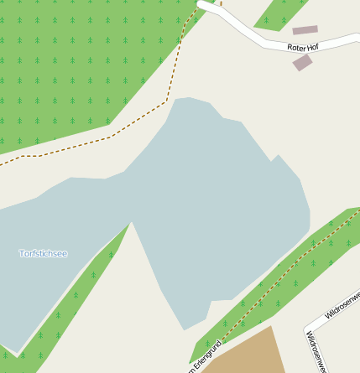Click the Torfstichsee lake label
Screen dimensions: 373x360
click(43, 253)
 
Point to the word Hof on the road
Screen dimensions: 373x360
click(312, 47)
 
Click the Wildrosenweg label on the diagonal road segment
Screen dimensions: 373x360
click(342, 305)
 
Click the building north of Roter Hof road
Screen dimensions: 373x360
click(305, 30)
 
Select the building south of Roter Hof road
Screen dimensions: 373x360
click(302, 63)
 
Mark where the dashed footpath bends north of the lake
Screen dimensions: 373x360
click(166, 101)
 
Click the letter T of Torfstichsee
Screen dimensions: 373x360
click(21, 253)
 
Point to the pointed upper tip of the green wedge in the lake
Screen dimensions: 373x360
click(131, 224)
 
